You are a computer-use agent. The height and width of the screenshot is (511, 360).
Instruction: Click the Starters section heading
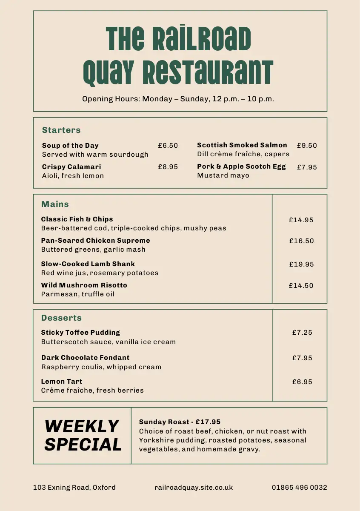(x=61, y=130)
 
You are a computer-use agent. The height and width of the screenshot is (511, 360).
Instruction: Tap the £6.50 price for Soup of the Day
(x=168, y=146)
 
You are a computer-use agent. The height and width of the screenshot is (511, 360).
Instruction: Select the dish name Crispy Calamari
(x=71, y=167)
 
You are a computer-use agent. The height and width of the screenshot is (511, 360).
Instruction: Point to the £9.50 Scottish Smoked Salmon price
(x=307, y=146)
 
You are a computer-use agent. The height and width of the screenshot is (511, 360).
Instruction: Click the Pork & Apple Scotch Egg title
(x=241, y=167)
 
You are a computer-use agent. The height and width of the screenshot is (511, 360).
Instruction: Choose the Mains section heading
(x=55, y=204)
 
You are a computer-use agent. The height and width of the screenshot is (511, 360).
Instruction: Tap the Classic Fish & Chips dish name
(x=77, y=219)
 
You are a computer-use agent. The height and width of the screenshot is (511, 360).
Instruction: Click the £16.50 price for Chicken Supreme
(x=301, y=241)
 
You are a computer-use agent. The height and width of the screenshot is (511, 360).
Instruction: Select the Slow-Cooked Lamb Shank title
(x=88, y=264)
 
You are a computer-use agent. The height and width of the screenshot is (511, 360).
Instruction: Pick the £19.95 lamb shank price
(x=301, y=264)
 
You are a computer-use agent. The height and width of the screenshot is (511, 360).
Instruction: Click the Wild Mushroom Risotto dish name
(x=84, y=285)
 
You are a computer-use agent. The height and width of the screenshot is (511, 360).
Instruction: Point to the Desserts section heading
(x=61, y=318)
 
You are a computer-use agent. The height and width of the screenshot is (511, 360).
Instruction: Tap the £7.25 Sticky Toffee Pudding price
(x=302, y=333)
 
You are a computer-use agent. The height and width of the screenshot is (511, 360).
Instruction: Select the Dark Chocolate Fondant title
(x=85, y=358)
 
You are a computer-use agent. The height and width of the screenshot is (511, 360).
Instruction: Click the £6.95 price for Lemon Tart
(x=302, y=382)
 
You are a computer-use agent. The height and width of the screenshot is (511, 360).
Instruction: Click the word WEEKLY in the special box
(x=82, y=426)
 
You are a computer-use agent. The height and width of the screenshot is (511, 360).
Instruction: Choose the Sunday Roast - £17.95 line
(x=180, y=422)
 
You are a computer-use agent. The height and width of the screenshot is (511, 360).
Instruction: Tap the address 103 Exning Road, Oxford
(x=74, y=488)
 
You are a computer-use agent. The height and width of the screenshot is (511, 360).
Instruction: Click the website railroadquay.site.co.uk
(x=194, y=488)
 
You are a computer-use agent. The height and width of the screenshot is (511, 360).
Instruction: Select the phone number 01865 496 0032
(x=300, y=488)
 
